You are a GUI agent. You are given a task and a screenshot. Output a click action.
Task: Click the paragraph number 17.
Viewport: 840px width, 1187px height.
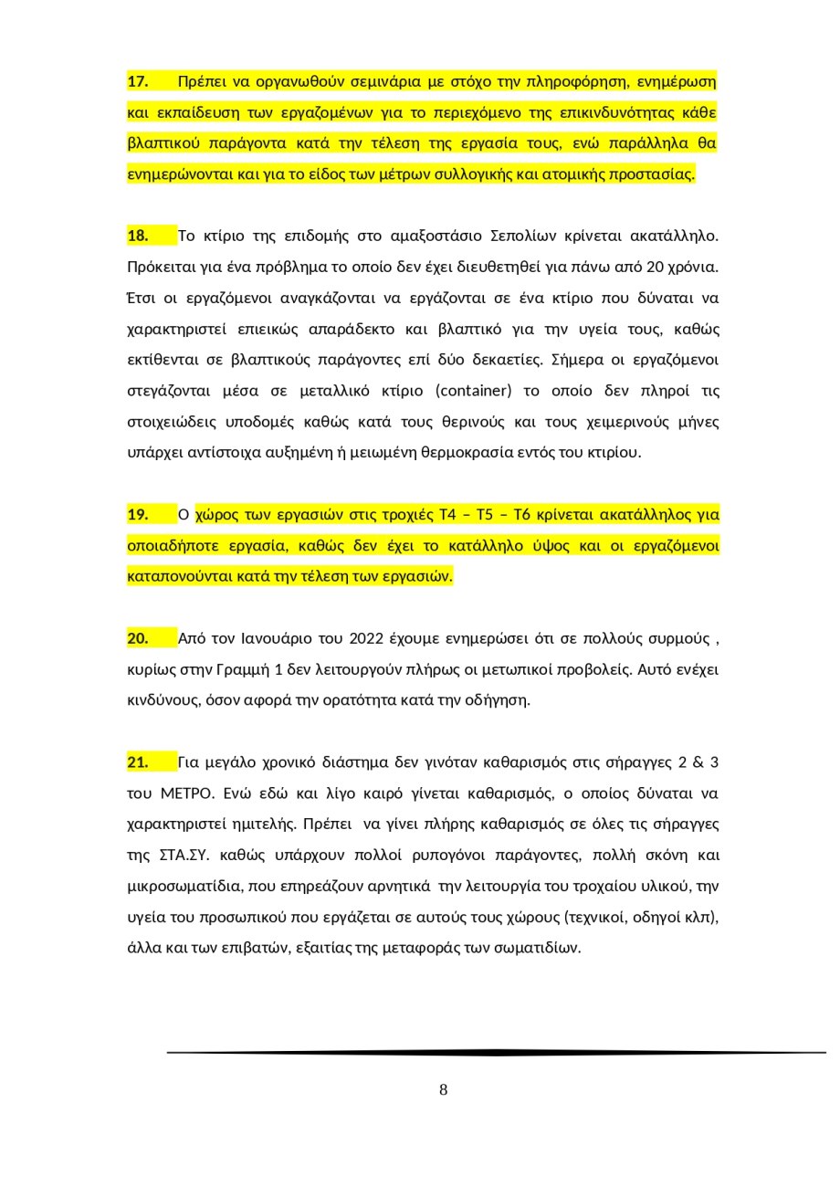pyautogui.click(x=138, y=82)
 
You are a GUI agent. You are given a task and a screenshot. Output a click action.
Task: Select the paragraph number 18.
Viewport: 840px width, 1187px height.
pyautogui.click(x=138, y=236)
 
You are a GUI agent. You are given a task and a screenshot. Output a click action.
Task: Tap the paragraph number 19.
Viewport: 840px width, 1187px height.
pyautogui.click(x=138, y=515)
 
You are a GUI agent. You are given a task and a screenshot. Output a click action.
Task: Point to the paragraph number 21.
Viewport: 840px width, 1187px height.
pyautogui.click(x=138, y=762)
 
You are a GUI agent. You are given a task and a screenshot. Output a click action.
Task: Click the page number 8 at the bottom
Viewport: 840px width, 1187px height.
pyautogui.click(x=444, y=1090)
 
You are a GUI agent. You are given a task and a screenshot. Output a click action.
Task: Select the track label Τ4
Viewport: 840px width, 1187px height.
pyautogui.click(x=447, y=515)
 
